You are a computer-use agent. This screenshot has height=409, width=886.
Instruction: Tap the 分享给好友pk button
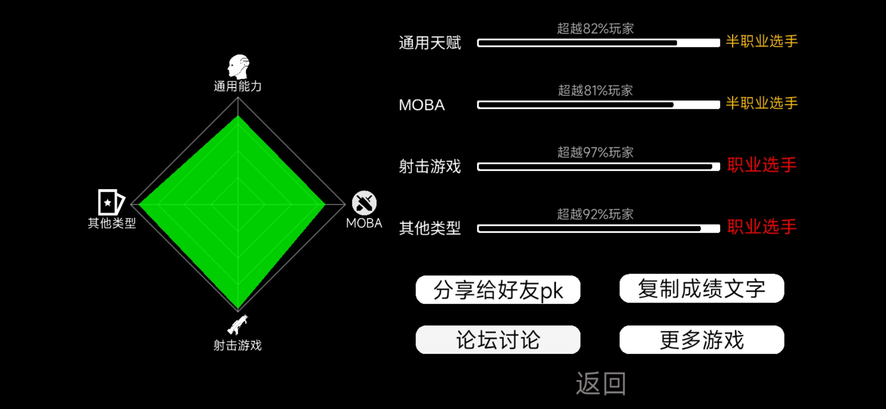coord(498,290)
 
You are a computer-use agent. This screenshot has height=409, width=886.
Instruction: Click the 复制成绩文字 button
coord(702,288)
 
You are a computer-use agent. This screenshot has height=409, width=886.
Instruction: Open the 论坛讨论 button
coord(498,340)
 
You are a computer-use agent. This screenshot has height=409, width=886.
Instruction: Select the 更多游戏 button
coord(702,340)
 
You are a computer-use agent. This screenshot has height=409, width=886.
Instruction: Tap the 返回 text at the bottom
coord(601,383)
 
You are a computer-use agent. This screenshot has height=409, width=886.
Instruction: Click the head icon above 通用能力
coord(238,67)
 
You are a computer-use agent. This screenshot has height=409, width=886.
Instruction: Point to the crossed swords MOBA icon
coord(364,203)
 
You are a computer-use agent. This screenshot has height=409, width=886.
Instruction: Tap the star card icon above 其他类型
coord(111,202)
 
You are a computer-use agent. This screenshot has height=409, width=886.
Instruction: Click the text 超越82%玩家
coord(595,28)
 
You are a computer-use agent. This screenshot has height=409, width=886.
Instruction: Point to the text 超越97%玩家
coord(595,152)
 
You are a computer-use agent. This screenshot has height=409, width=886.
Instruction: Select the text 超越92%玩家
coord(595,214)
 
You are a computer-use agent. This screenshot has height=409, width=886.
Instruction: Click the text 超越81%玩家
coord(595,91)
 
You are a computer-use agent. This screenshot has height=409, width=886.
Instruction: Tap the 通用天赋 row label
coord(430,43)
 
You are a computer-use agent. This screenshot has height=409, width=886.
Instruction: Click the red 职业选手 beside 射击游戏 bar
coord(762,165)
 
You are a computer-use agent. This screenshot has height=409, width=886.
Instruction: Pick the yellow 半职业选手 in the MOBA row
coord(762,103)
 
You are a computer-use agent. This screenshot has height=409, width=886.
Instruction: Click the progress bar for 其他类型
coord(598,228)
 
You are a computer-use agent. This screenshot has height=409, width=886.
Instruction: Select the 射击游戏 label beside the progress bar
coord(430,167)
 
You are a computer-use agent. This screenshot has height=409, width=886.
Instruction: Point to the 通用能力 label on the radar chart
coord(237,86)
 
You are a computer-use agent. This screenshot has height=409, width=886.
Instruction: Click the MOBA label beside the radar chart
coord(364,223)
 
